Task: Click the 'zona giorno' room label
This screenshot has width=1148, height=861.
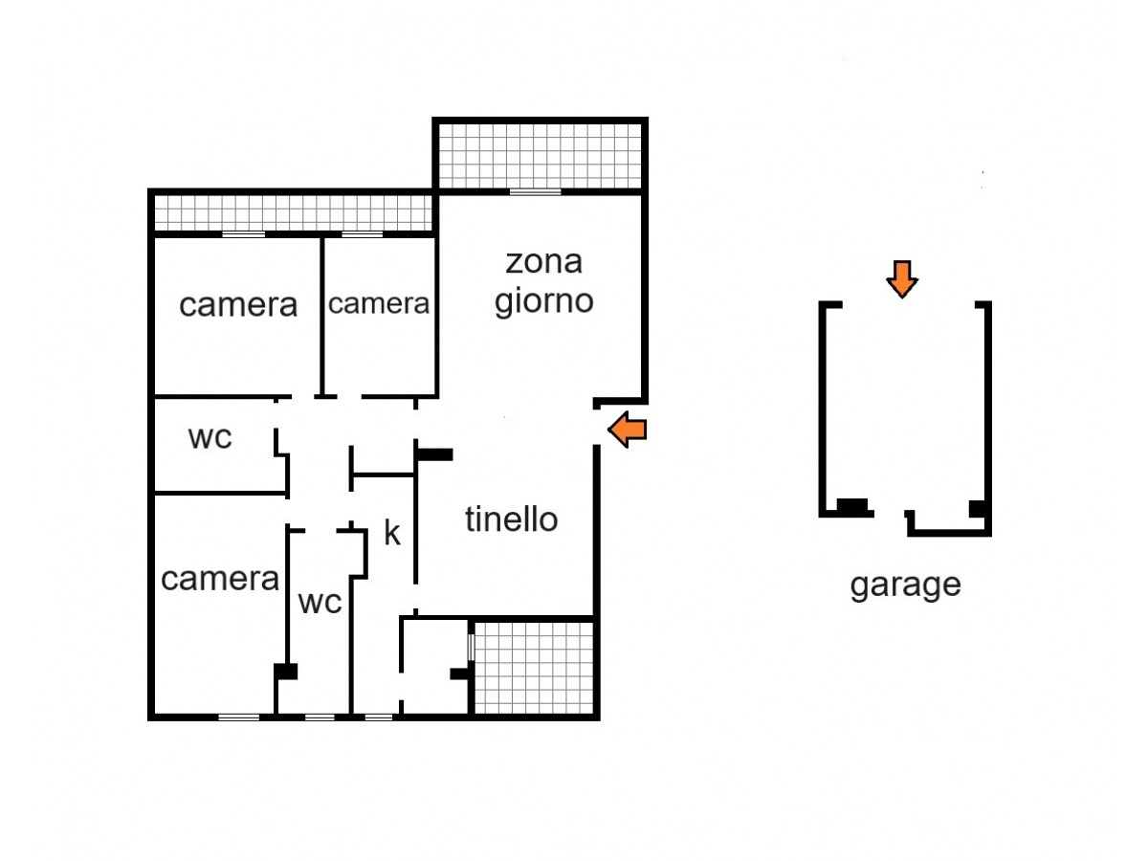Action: click(543, 283)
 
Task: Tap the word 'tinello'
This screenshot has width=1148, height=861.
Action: click(511, 519)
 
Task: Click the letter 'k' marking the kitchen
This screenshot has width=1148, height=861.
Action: click(391, 533)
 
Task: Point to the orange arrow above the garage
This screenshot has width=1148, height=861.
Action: click(902, 279)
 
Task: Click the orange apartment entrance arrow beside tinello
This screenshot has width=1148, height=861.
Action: click(627, 430)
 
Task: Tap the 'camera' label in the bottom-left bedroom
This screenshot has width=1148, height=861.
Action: click(220, 579)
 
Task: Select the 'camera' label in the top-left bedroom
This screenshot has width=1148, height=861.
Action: click(238, 305)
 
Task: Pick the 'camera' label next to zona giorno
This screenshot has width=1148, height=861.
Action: click(379, 303)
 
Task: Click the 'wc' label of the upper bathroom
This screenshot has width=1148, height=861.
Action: click(210, 437)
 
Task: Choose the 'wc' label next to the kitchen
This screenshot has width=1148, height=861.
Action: click(320, 602)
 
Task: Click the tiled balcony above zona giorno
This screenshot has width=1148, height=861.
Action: click(540, 156)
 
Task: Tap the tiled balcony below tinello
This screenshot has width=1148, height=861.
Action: click(534, 668)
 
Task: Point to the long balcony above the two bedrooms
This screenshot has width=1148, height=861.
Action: click(293, 212)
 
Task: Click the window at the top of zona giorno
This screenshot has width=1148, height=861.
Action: click(535, 192)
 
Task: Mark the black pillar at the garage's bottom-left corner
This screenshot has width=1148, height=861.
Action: click(852, 506)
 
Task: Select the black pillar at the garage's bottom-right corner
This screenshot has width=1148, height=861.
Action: click(977, 509)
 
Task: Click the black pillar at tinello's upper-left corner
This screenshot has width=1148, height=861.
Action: click(434, 454)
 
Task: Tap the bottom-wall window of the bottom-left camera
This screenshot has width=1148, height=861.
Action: click(238, 717)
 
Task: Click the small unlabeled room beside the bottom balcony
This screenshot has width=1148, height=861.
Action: click(435, 668)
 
